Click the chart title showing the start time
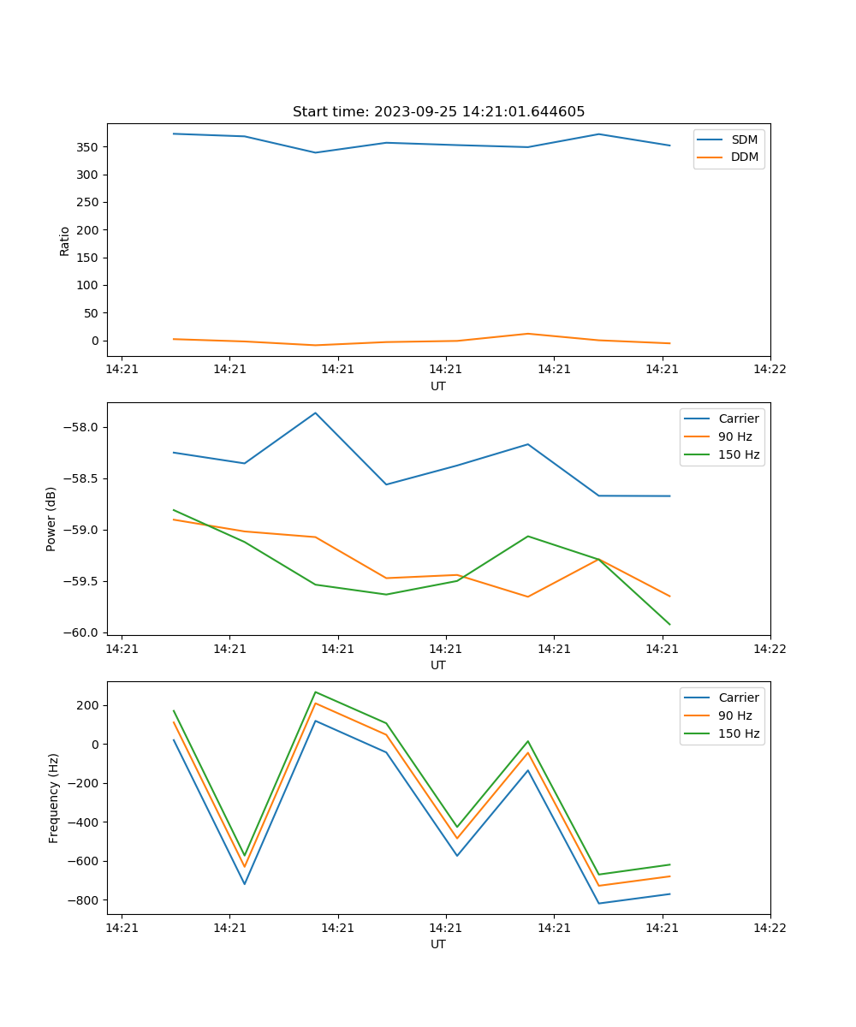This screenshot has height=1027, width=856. coord(438,112)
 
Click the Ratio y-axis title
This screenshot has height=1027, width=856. coord(65,240)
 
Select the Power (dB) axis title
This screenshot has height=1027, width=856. coord(51,519)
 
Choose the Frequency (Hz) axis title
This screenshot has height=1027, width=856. coord(53,798)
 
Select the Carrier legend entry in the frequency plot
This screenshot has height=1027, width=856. coord(739,698)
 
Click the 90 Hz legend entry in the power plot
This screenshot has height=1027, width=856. coord(735,436)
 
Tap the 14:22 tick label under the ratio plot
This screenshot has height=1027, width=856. coord(770,370)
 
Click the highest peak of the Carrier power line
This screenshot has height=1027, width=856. coord(315,413)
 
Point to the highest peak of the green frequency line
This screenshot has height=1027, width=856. coord(315,692)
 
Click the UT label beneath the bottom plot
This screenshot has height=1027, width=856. coord(438,944)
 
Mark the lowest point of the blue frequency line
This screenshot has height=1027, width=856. coord(598,903)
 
